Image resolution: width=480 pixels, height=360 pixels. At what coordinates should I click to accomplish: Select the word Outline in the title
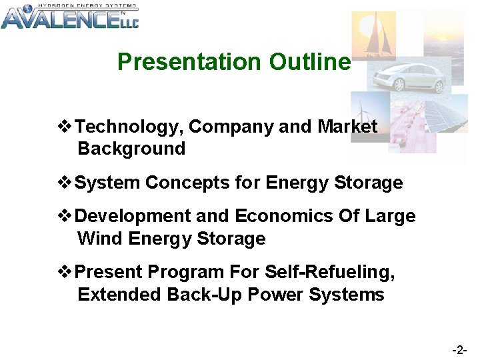pos(309,62)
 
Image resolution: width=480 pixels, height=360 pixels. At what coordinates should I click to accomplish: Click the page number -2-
pos(459,349)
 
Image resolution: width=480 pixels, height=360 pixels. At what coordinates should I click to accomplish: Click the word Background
pos(131,149)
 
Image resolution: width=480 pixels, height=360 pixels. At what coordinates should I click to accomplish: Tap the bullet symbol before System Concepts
pos(65,183)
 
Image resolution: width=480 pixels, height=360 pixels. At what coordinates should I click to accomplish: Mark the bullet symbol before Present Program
pos(65,272)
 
